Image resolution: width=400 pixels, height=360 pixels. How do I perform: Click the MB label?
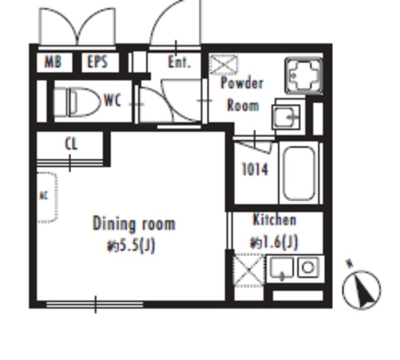(53, 62)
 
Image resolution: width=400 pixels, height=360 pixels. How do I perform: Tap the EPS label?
(97, 62)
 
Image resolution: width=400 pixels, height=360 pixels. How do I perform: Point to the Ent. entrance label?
(179, 62)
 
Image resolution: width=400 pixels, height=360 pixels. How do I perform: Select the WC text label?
(112, 101)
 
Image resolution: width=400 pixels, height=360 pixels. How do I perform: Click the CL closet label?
(71, 144)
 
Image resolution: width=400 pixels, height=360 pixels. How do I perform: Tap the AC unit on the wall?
(47, 197)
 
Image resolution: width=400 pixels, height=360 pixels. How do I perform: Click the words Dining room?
(134, 224)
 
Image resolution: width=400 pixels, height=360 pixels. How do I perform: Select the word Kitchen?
(274, 220)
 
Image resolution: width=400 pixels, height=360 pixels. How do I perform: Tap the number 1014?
(255, 169)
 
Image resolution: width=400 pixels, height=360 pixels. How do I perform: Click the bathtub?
(299, 174)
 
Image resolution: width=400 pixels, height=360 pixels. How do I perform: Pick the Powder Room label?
(242, 94)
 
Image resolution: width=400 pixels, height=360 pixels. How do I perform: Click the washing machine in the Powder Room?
(304, 76)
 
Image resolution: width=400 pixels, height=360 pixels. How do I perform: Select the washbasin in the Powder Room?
(286, 117)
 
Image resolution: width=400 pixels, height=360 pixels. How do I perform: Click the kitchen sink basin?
(282, 268)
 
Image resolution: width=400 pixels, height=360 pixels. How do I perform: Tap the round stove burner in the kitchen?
(308, 267)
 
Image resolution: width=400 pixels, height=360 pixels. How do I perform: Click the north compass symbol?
(361, 289)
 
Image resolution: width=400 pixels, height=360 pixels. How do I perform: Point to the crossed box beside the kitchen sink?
(249, 269)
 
